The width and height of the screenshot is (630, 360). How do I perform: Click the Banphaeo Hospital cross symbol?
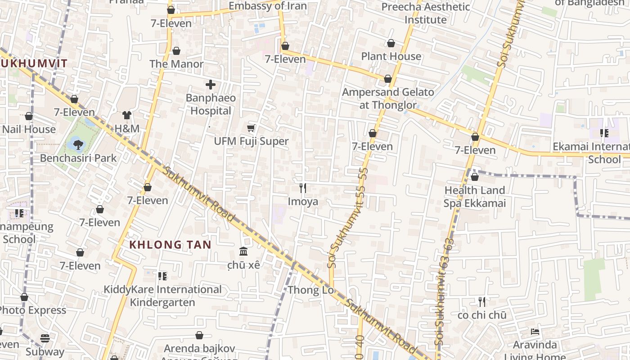tap(210, 85)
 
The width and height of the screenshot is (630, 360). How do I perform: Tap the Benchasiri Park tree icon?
tap(78, 144)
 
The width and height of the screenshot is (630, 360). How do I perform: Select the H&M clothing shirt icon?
tap(127, 116)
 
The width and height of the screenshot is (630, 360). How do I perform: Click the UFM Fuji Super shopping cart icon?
tap(251, 128)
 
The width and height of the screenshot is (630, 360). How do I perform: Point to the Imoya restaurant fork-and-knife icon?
tap(303, 188)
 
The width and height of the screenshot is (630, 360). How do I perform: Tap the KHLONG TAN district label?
tap(170, 245)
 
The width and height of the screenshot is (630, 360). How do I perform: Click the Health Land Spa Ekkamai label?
tap(475, 197)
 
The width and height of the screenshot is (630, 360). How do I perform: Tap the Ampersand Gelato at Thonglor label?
tap(388, 99)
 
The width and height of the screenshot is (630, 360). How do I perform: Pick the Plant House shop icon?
tap(391, 43)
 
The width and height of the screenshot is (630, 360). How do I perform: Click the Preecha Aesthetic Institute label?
tap(425, 13)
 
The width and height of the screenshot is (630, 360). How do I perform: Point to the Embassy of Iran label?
tap(267, 6)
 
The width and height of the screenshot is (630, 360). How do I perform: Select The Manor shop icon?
tap(176, 51)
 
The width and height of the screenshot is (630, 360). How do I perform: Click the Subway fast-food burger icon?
tap(45, 338)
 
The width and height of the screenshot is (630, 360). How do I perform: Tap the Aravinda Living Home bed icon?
tap(535, 332)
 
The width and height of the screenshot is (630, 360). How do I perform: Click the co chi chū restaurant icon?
tap(482, 301)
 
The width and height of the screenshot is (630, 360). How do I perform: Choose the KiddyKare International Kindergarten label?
tap(162, 296)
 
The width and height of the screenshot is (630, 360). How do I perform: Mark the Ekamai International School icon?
tap(604, 133)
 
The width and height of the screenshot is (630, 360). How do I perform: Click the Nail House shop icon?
tap(29, 117)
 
